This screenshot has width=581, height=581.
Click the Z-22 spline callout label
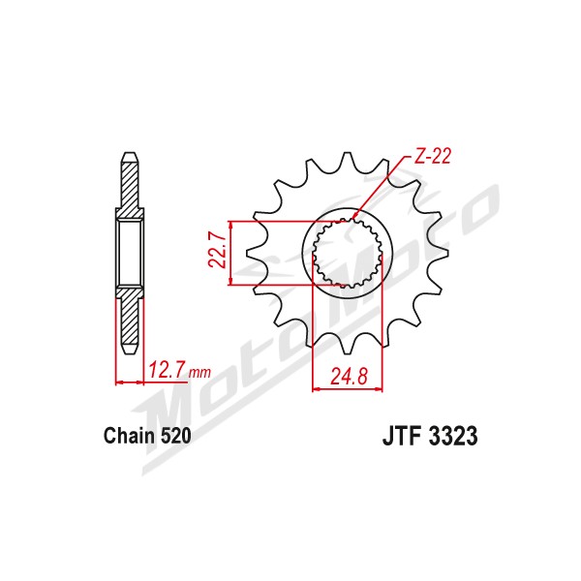(432, 156)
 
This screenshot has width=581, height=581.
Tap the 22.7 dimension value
(218, 251)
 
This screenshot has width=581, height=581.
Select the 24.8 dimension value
(349, 377)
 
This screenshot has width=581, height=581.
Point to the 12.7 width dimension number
(167, 370)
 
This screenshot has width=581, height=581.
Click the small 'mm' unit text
(199, 372)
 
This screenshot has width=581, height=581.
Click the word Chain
(130, 436)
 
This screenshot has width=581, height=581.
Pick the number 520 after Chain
(175, 436)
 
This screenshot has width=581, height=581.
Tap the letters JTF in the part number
(403, 436)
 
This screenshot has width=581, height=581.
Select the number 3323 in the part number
(453, 436)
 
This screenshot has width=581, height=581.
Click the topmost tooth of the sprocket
(348, 160)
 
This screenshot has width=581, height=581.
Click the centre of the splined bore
(348, 254)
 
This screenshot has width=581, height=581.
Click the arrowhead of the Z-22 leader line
(353, 216)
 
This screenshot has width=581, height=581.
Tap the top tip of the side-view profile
(130, 153)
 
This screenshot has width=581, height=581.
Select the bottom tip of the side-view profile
(130, 353)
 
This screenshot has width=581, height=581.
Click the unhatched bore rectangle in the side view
(130, 254)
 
